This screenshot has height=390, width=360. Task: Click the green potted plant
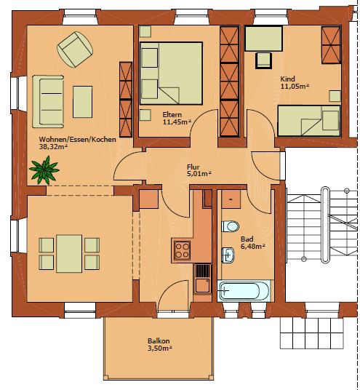pyautogui.click(x=44, y=170)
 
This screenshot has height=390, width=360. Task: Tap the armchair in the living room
pyautogui.click(x=75, y=49)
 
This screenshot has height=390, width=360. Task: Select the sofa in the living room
pyautogui.click(x=48, y=101)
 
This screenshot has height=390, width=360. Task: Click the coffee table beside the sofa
pyautogui.click(x=82, y=102)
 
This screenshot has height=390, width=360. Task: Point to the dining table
pyautogui.click(x=69, y=254)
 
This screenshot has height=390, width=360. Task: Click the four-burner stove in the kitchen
pyautogui.click(x=183, y=250)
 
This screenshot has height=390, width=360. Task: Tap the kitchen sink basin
pyautogui.click(x=202, y=286)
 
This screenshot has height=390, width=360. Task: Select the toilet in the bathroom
pyautogui.click(x=231, y=226)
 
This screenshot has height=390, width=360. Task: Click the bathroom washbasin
pyautogui.click(x=228, y=255)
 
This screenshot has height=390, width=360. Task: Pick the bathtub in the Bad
pyautogui.click(x=244, y=291)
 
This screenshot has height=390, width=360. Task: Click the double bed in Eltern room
pyautogui.click(x=171, y=73)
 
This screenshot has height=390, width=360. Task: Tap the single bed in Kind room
pyautogui.click(x=309, y=121)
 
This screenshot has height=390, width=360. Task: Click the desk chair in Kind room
pyautogui.click(x=263, y=60)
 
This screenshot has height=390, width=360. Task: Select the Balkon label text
pyautogui.click(x=159, y=341)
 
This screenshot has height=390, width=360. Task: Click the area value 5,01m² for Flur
pyautogui.click(x=199, y=174)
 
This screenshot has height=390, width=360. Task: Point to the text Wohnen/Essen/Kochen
pyautogui.click(x=78, y=140)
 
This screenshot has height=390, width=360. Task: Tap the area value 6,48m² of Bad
pyautogui.click(x=253, y=247)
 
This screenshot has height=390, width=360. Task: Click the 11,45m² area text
pyautogui.click(x=177, y=122)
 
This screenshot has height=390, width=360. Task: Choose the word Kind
pyautogui.click(x=288, y=79)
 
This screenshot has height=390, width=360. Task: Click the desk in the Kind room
pyautogui.click(x=264, y=39)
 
